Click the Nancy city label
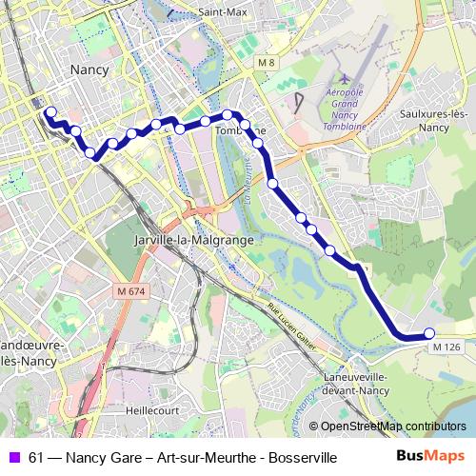[x=90, y=69]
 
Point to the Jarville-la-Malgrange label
[x=195, y=240]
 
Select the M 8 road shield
[x=269, y=63]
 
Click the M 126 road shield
[x=446, y=347]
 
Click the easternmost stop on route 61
[x=428, y=332]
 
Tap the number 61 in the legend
[x=35, y=458]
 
